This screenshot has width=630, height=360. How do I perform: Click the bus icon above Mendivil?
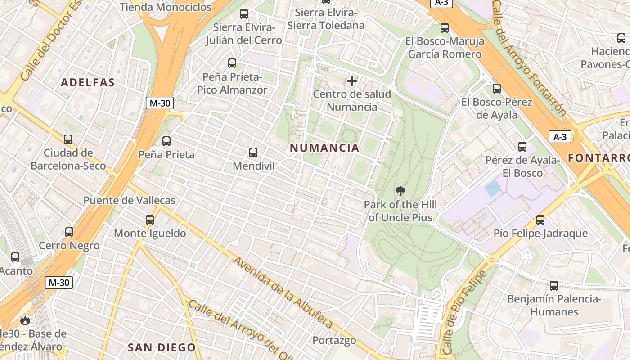253,153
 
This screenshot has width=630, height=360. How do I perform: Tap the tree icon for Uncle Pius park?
400,192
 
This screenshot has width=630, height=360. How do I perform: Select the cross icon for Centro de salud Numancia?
352,81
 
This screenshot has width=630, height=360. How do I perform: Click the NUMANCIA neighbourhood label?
324,148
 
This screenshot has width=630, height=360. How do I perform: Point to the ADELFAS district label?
88,82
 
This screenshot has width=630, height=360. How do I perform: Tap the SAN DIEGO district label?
162,347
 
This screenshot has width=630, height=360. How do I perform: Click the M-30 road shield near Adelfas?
160,103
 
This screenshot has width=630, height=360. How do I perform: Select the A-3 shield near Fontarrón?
560,137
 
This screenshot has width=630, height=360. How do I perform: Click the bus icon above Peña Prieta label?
166,141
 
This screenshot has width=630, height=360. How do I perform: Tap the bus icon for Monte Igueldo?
150,220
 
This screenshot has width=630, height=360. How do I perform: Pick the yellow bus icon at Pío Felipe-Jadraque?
540,220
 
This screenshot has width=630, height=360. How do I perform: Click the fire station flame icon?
25,320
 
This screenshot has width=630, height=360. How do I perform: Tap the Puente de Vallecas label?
129,200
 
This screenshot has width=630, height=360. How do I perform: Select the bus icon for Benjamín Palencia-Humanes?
554,286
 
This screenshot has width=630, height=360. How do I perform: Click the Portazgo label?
334,340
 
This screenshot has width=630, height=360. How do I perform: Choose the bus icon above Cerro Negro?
69,232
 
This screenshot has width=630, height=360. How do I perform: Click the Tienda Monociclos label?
166,7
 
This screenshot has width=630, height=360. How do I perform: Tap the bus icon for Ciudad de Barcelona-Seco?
68,139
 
